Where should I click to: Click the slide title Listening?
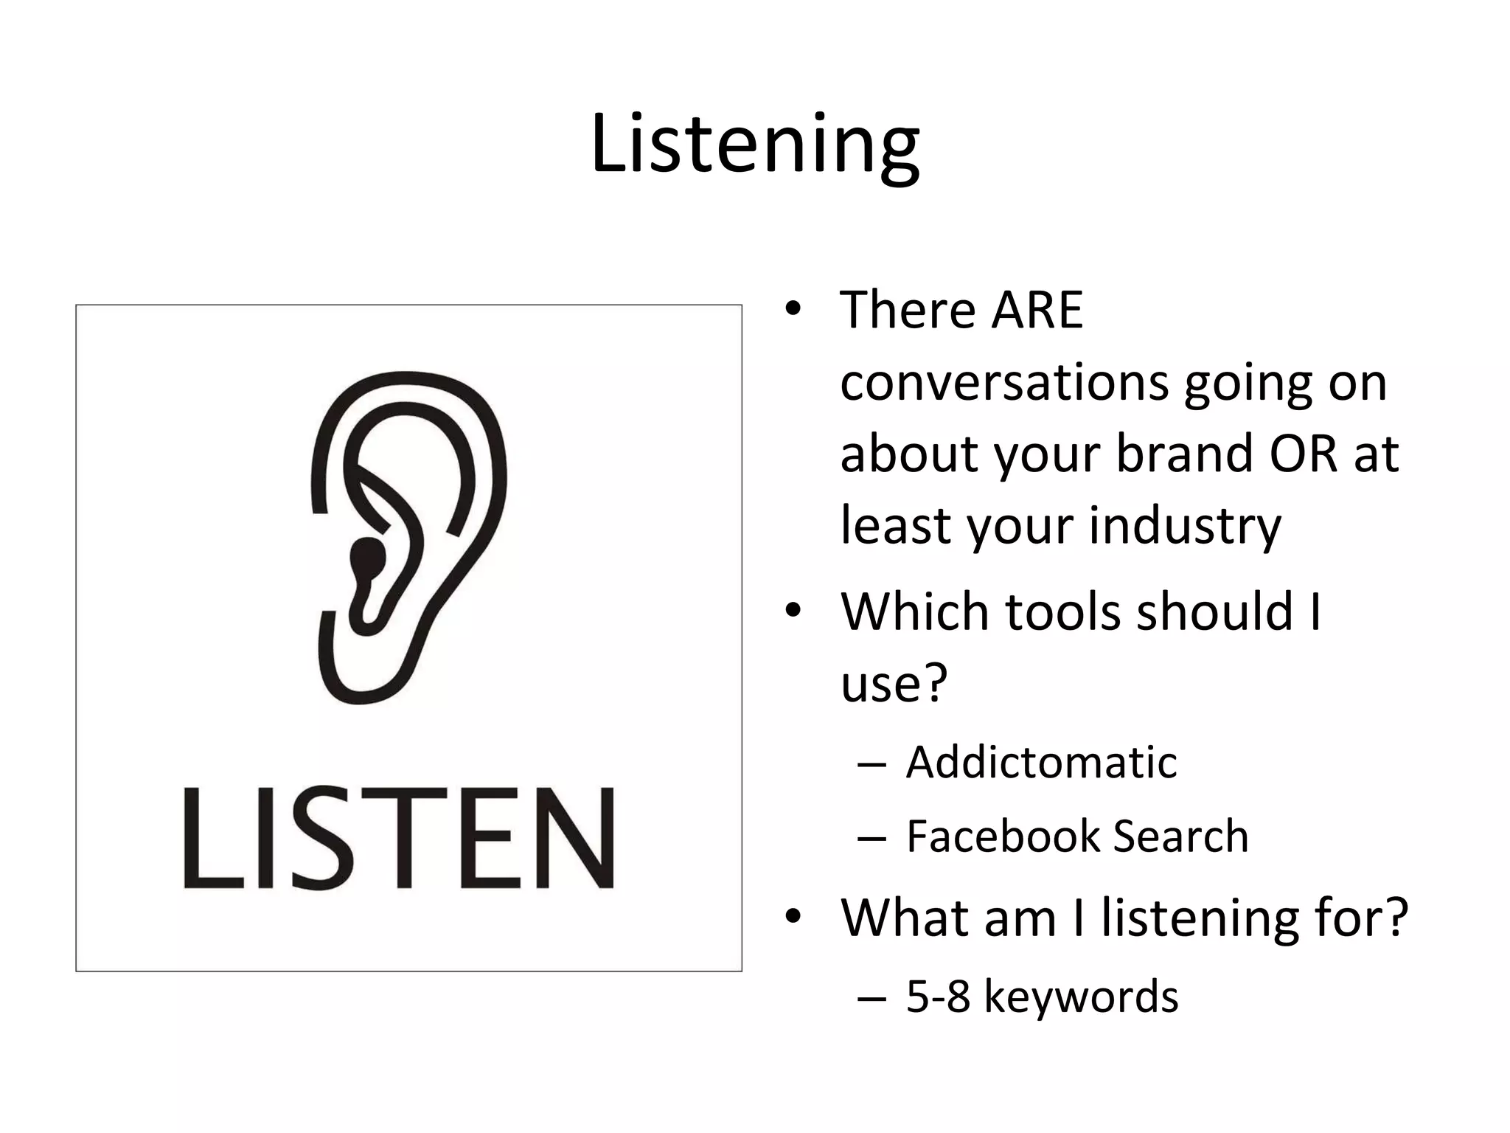pyautogui.click(x=755, y=144)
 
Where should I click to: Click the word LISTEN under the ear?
pyautogui.click(x=399, y=838)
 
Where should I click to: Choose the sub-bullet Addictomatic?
pyautogui.click(x=1041, y=762)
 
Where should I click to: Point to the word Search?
pyautogui.click(x=1180, y=836)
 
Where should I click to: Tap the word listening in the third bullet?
pyautogui.click(x=1199, y=918)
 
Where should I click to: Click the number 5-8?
pyautogui.click(x=938, y=997)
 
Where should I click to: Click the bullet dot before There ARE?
pyautogui.click(x=793, y=309)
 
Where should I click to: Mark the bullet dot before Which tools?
pyautogui.click(x=793, y=611)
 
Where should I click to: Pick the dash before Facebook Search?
pyautogui.click(x=871, y=838)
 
